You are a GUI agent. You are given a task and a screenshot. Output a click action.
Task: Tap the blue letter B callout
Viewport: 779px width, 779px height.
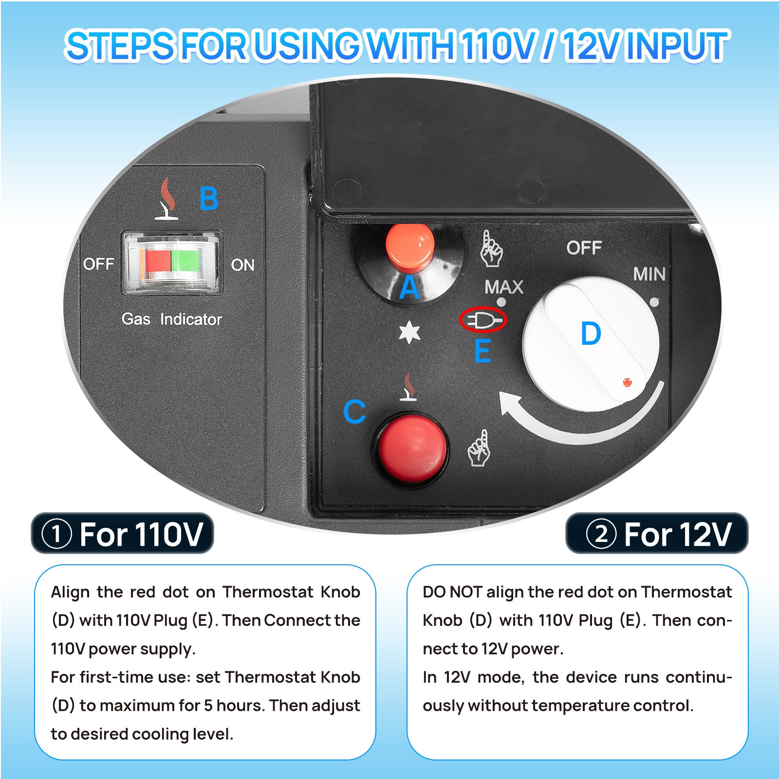click(209, 199)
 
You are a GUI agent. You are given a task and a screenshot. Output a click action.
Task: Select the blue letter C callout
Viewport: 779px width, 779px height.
click(354, 412)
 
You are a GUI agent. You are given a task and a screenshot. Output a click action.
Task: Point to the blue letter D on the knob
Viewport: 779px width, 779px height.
click(591, 334)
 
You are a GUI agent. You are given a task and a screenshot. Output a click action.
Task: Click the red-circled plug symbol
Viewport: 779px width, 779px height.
click(483, 320)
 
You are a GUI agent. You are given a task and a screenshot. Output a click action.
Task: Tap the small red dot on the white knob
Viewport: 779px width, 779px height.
click(627, 382)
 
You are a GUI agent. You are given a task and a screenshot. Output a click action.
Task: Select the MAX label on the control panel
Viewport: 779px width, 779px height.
click(504, 287)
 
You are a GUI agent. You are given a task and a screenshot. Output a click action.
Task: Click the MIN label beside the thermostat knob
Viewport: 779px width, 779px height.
click(649, 274)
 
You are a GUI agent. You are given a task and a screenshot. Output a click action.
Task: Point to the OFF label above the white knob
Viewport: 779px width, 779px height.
click(584, 248)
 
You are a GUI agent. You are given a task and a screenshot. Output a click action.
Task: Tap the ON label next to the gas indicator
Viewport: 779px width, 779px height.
click(242, 265)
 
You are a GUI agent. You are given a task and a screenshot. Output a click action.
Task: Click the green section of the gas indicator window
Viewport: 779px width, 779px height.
click(185, 261)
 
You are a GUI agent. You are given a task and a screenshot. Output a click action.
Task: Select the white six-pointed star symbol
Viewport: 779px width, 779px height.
click(409, 334)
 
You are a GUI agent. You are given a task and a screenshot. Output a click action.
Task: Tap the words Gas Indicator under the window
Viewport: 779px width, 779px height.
click(171, 319)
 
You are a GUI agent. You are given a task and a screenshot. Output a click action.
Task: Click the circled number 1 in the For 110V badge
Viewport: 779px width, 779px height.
click(57, 534)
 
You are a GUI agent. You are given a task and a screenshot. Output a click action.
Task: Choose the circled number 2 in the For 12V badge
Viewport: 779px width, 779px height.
click(601, 534)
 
